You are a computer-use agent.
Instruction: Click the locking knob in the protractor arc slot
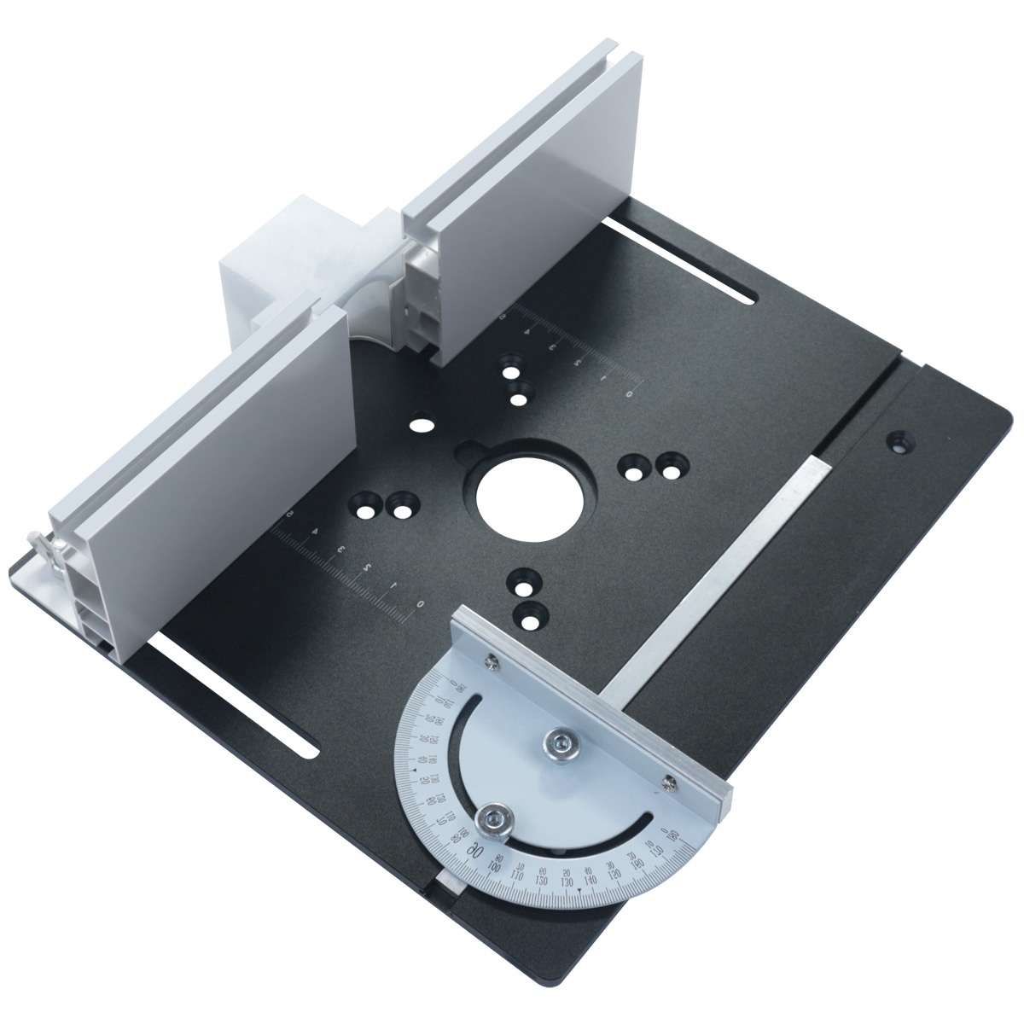point(494,821)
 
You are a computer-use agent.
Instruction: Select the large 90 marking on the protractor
point(479,854)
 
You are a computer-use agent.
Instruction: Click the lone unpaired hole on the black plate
point(419,424)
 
